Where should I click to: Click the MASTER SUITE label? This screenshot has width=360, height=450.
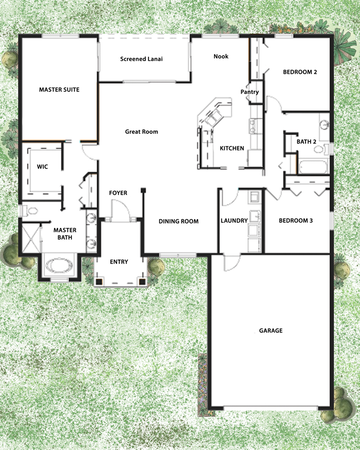(x=59, y=90)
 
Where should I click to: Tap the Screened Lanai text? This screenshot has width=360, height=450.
(x=141, y=59)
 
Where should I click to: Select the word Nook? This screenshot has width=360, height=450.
(x=221, y=56)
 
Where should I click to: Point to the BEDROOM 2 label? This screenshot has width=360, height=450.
(x=300, y=72)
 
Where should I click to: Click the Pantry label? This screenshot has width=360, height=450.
(x=250, y=92)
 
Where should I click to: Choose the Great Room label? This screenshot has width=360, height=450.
(x=141, y=132)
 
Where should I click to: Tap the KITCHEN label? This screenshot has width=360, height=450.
(x=232, y=148)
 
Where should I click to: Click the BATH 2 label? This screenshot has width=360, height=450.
(x=306, y=142)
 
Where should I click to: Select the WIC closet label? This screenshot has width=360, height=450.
(x=42, y=166)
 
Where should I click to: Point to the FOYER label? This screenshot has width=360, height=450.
(x=118, y=193)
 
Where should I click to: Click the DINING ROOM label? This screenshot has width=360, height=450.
(x=179, y=221)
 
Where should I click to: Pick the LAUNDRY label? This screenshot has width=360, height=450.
(x=234, y=221)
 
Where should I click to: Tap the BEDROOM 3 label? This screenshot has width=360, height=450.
(x=296, y=221)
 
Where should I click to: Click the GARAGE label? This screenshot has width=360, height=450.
(x=271, y=331)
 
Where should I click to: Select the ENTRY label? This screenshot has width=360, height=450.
(x=119, y=262)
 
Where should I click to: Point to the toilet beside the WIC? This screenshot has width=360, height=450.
(x=31, y=210)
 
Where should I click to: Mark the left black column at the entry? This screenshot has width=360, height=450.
(x=99, y=282)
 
